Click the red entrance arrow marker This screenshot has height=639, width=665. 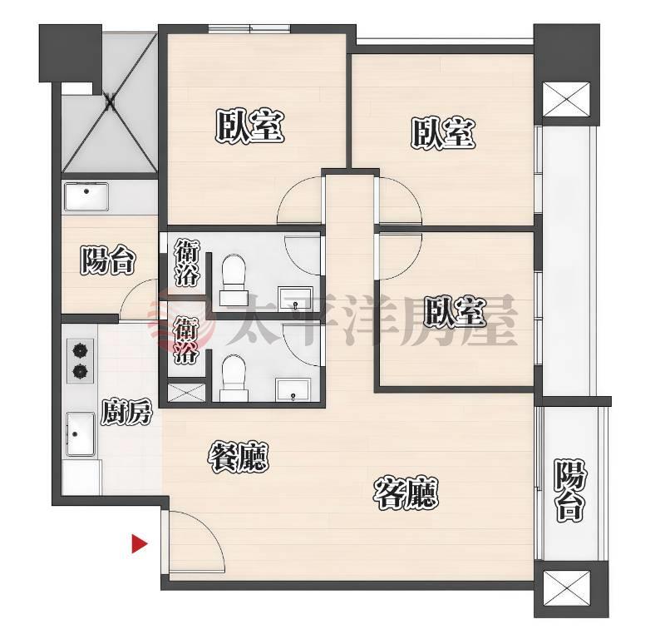tap(139, 543)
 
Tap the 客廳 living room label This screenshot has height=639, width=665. tap(406, 493)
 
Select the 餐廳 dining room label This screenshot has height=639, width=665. tap(239, 458)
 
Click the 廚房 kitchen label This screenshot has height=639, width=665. tap(126, 412)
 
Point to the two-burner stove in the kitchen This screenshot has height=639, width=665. tap(80, 361)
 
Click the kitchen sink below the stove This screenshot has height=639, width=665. tap(80, 434)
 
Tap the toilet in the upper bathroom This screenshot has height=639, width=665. tap(234, 280)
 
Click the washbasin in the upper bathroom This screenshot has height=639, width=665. tap(295, 298)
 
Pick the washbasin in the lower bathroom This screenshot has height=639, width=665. tap(293, 389)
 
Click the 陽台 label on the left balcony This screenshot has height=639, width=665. tap(108, 260)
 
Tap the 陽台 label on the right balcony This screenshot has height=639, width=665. tap(570, 492)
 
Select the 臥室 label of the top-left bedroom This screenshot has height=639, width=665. tap(250, 126)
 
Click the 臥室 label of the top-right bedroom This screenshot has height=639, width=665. tap(443, 133)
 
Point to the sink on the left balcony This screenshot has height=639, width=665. tap(86, 196)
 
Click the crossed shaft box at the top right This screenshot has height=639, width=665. tap(566, 99)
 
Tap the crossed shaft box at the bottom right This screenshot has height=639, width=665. tap(566, 587)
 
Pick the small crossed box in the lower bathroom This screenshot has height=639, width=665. tap(186, 393)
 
